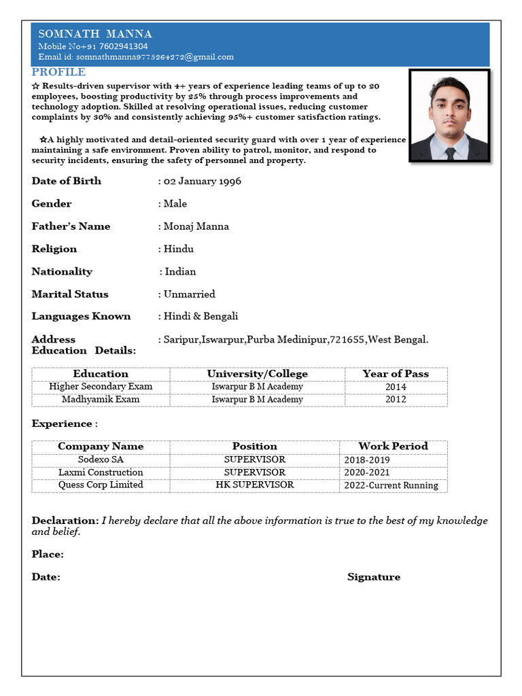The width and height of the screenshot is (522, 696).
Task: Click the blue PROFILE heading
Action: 58,72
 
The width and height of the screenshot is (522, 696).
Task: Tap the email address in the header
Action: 136,57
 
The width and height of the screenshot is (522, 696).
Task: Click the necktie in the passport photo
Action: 449,153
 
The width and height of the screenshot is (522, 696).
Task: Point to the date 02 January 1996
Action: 203,181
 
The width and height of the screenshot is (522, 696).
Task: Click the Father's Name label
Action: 71,226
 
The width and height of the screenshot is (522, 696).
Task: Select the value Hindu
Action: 179,249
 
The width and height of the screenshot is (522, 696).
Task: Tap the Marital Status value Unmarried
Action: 190,294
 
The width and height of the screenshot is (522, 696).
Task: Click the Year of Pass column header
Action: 396,374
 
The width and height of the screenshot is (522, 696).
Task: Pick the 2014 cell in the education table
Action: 396,387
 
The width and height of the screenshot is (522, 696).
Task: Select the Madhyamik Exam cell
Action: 101,400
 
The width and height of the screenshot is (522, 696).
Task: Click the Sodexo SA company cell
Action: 101,459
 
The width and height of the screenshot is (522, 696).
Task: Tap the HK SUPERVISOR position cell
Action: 255,485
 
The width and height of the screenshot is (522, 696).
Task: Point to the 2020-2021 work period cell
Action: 367,472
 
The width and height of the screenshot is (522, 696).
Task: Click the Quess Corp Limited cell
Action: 101,485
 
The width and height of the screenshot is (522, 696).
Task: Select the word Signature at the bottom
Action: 374,577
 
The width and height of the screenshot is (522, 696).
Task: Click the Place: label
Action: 48,555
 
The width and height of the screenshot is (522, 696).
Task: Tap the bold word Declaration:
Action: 65,521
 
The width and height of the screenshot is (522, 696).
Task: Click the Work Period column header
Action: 393,447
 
